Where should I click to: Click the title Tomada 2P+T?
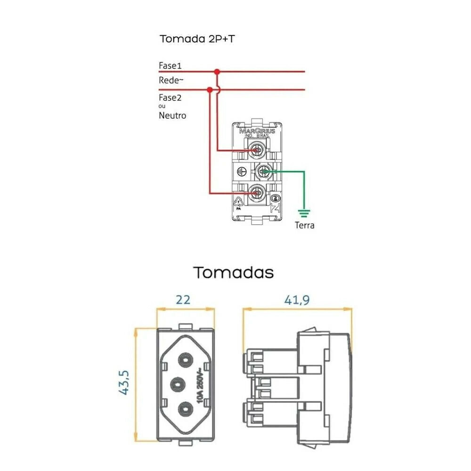197,39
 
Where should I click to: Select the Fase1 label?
170,65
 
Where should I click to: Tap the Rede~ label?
171,80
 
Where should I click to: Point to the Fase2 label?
170,97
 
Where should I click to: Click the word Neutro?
172,115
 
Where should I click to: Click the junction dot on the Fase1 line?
217,72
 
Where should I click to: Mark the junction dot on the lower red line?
209,89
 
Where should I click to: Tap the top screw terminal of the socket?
257,150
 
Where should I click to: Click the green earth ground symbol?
304,212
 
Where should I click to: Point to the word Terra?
304,225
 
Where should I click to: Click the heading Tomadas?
234,272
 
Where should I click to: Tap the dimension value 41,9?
297,300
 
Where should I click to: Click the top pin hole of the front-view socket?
185,361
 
